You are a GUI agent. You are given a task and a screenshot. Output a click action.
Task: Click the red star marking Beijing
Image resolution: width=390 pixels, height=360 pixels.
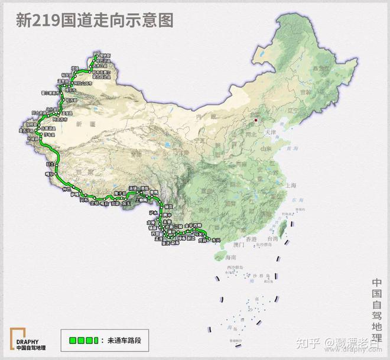tap(256, 121)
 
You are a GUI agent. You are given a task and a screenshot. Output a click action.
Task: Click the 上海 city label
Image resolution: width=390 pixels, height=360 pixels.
tap(290, 184)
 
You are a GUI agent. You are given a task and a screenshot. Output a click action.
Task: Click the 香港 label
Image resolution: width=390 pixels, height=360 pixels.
tap(253, 239)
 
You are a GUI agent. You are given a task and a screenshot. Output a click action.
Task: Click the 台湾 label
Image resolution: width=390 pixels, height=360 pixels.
tap(271, 239)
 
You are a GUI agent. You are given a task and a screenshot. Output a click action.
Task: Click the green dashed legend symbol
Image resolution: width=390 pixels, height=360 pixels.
tap(80, 341)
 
